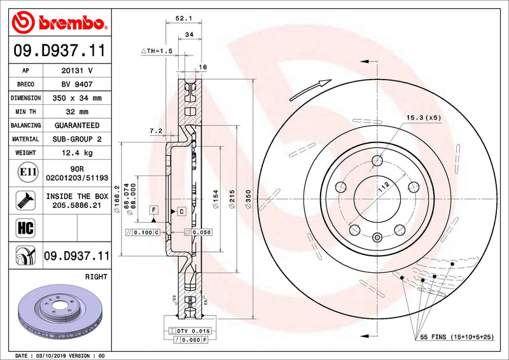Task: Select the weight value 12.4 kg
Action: (76, 153)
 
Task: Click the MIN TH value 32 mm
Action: (76, 112)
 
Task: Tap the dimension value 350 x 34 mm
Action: (76, 98)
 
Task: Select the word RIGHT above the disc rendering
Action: (96, 277)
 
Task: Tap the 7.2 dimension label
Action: (155, 131)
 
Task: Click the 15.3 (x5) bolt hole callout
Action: (423, 117)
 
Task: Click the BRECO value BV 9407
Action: (76, 84)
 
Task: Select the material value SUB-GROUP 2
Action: (76, 139)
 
